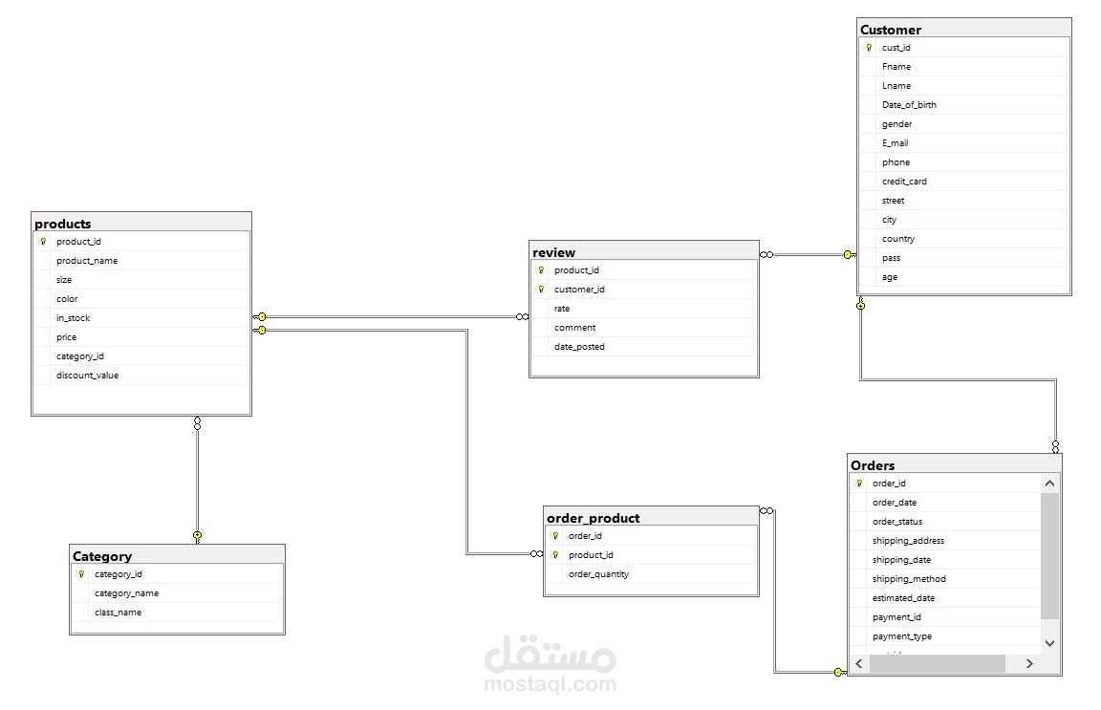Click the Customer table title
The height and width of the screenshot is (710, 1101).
[891, 30]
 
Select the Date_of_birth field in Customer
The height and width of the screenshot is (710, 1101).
[909, 105]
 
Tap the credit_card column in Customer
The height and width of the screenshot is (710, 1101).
[904, 182]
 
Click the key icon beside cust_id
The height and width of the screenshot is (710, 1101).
[869, 48]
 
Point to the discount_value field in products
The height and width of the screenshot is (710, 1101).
[87, 376]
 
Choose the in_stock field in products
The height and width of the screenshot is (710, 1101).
[73, 318]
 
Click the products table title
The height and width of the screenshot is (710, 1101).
[63, 224]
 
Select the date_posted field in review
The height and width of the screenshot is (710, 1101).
[579, 347]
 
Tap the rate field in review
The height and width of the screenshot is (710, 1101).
[562, 309]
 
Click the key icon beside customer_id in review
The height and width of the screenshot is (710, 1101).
[541, 290]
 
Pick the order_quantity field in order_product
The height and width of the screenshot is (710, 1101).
[598, 574]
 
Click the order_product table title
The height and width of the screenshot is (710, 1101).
[593, 518]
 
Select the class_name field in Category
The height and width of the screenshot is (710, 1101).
[118, 613]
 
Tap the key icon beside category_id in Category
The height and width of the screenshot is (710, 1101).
[81, 574]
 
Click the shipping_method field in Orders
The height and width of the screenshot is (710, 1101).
[908, 579]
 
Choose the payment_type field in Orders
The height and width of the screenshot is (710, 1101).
[901, 636]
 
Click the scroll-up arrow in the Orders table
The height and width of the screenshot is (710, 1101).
[1049, 484]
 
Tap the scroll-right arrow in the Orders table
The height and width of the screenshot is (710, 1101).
[1029, 663]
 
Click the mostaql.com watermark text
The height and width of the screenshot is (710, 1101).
[550, 683]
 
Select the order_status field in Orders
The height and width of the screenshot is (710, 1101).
[896, 522]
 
